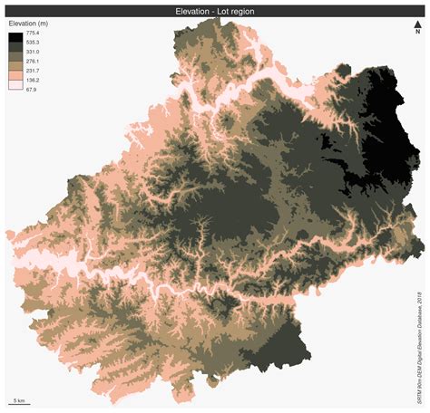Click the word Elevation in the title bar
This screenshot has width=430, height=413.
(x=192, y=11)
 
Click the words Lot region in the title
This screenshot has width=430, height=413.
(x=233, y=11)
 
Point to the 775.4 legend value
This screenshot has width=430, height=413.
(x=34, y=32)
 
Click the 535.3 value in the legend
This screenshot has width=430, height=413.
(x=34, y=42)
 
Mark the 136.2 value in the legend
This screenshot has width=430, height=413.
(x=34, y=80)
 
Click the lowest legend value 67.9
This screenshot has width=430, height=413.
(x=34, y=90)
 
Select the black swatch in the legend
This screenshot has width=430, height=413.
(x=16, y=37)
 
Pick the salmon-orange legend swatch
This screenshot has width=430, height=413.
(x=16, y=75)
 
